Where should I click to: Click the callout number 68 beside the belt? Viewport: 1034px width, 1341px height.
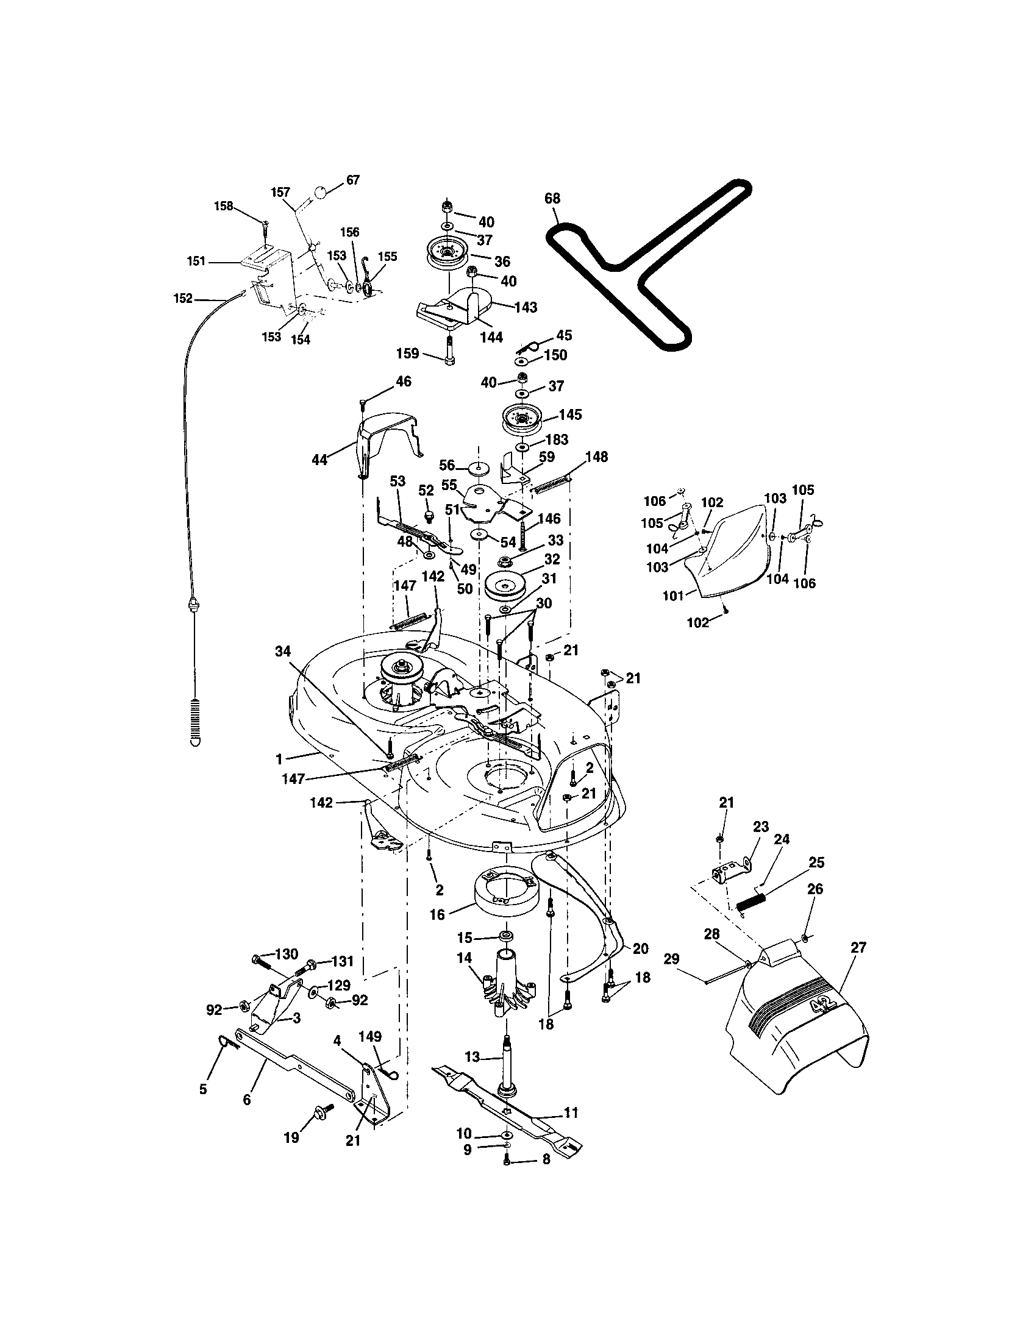tap(552, 198)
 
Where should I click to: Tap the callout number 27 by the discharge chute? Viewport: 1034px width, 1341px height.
tap(858, 947)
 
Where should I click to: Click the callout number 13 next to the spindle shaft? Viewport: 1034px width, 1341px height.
tap(471, 1057)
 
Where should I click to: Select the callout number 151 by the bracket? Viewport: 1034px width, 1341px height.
tap(196, 261)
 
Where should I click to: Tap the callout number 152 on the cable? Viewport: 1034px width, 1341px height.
tap(184, 299)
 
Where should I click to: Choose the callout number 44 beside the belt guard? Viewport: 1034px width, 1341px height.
tap(320, 458)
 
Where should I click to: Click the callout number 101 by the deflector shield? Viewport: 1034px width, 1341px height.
tap(674, 595)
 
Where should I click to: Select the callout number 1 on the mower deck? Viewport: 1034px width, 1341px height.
tap(279, 759)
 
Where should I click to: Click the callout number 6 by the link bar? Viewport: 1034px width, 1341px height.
tap(247, 1100)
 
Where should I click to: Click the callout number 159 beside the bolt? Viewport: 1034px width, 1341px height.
tap(408, 354)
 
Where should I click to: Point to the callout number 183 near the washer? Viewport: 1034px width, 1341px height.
tap(556, 439)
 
